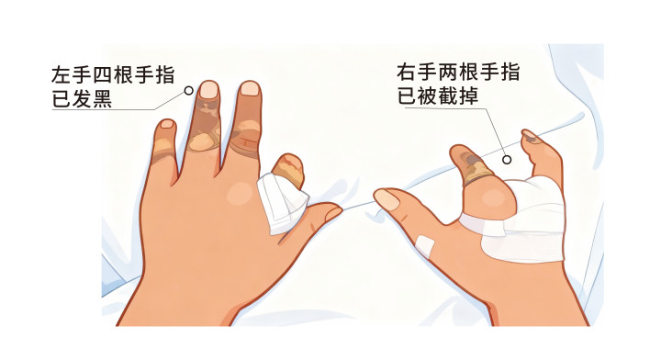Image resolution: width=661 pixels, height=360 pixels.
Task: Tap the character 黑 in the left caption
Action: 102,99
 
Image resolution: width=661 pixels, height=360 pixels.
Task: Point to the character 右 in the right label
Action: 407,72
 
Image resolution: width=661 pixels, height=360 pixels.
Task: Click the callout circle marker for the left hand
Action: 189,90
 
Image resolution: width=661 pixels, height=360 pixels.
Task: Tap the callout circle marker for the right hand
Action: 507,160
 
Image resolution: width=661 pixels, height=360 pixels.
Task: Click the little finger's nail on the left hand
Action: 167,124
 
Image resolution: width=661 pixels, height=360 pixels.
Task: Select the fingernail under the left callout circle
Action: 208,89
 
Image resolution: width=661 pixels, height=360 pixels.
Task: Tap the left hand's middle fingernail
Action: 250,88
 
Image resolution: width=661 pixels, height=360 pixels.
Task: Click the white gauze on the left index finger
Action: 283,202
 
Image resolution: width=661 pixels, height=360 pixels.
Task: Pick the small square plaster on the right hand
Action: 425,245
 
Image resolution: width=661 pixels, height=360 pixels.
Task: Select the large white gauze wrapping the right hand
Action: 519,220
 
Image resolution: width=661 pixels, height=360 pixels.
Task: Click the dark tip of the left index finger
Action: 289,170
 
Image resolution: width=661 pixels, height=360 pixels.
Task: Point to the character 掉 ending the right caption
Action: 468,96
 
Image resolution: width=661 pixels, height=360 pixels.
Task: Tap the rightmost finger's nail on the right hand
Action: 529,134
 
